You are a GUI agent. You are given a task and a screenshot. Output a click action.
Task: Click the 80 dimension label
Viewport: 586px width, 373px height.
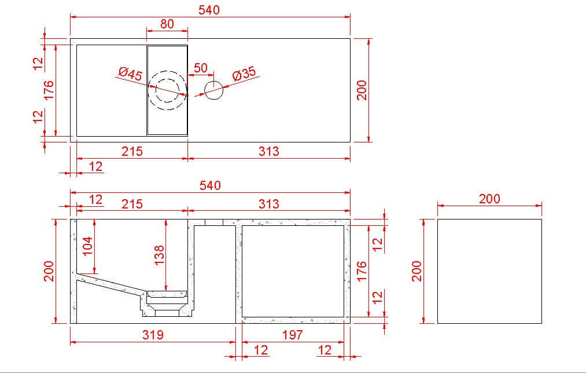tap(167, 24)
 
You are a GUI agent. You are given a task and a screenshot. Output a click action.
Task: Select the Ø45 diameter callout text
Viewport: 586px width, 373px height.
tap(130, 74)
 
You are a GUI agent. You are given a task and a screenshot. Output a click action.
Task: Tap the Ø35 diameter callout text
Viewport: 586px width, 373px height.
tap(244, 74)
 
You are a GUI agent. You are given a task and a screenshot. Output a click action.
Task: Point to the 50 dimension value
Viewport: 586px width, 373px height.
tap(200, 68)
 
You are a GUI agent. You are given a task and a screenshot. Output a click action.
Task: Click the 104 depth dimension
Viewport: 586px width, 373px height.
tap(87, 246)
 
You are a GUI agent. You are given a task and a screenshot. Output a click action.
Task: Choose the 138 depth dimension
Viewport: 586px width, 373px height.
tap(159, 255)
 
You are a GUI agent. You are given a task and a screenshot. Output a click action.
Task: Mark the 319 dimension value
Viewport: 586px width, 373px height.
tap(153, 334)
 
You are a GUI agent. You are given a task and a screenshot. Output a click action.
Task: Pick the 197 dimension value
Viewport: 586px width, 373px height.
tap(292, 334)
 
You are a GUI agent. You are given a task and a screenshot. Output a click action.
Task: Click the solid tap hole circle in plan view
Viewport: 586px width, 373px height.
tap(214, 90)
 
